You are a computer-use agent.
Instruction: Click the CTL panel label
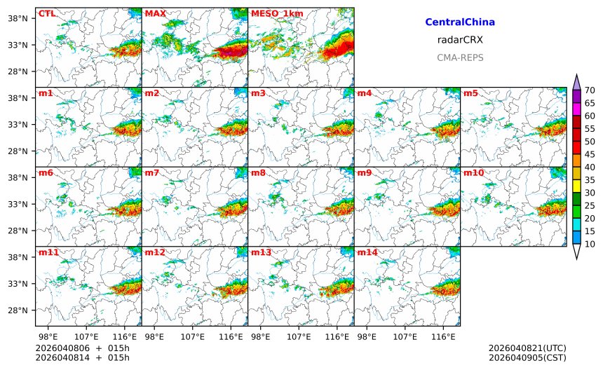pyautogui.click(x=46, y=13)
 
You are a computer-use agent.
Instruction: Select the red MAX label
pyautogui.click(x=155, y=13)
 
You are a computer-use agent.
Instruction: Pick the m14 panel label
pyautogui.click(x=367, y=252)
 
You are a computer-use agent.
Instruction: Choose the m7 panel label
pyautogui.click(x=152, y=172)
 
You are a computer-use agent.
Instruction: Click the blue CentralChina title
pyautogui.click(x=460, y=22)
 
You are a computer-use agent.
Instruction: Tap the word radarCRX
pyautogui.click(x=460, y=40)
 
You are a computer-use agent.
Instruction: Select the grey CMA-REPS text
pyautogui.click(x=460, y=57)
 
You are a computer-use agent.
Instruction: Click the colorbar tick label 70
pyautogui.click(x=590, y=90)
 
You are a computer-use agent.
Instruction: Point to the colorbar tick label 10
pyautogui.click(x=590, y=244)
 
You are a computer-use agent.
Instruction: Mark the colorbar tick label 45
pyautogui.click(x=590, y=154)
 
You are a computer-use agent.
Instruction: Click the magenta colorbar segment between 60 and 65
pyautogui.click(x=576, y=109)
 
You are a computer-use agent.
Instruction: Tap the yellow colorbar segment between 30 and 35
pyautogui.click(x=576, y=186)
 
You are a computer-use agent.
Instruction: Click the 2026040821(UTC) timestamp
pyautogui.click(x=527, y=348)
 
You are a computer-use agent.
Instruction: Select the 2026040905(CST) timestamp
pyautogui.click(x=527, y=357)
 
